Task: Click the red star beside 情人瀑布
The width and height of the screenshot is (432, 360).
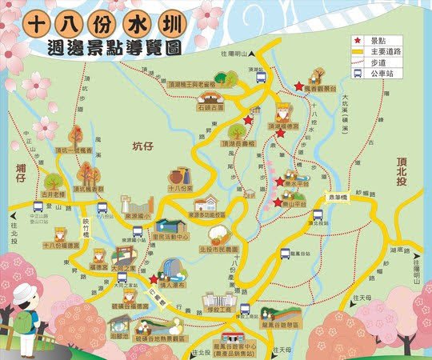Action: pos(153,278)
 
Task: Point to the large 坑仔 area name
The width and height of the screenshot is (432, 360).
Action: pos(146,146)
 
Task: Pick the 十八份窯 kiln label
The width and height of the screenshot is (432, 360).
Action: pos(181,189)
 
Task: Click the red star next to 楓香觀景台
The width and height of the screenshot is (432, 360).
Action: pos(298,86)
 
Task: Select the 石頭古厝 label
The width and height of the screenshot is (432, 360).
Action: pos(213,104)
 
